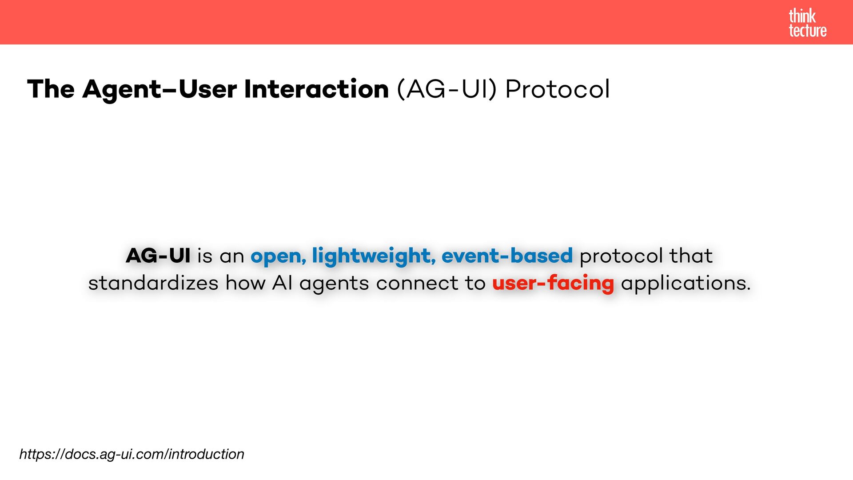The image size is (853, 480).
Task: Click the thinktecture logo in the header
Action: pos(808,23)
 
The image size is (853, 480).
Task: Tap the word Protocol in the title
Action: pos(558,89)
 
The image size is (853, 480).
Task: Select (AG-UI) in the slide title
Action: pos(446,89)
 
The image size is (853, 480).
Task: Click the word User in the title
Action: pos(207,89)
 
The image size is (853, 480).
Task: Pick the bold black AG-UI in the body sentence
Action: pos(158,256)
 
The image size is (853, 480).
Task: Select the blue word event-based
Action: pos(507,256)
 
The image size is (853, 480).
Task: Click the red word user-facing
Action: pos(553,284)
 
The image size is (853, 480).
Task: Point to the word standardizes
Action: pos(153,283)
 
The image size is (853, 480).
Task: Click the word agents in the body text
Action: pos(334,284)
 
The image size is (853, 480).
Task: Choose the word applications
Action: pos(686,284)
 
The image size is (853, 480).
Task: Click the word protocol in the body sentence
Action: pos(621,256)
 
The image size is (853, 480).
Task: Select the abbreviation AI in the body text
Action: pos(282,283)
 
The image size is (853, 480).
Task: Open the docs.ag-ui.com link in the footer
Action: pos(132,454)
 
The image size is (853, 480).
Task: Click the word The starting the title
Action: pos(51,89)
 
